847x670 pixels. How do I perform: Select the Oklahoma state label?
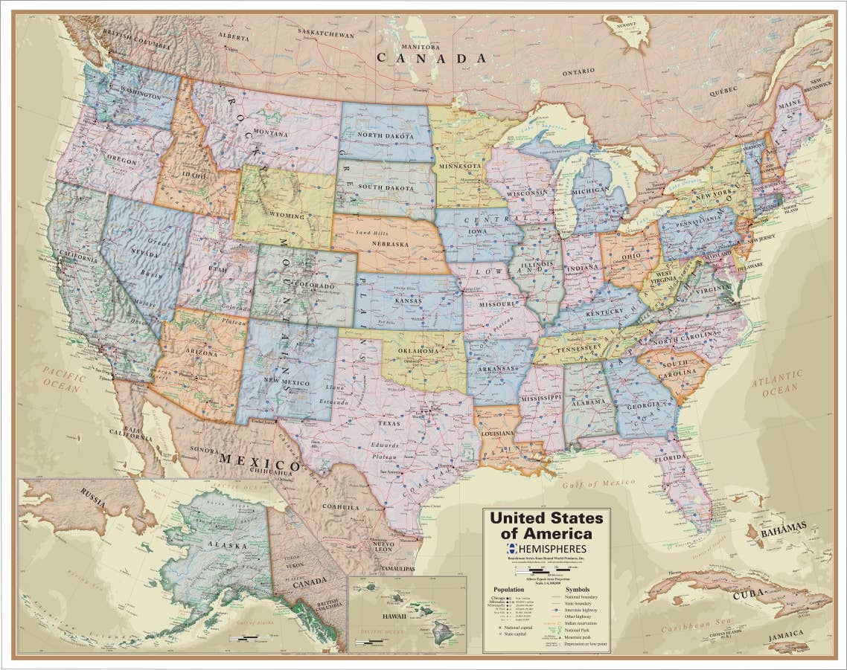418,351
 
